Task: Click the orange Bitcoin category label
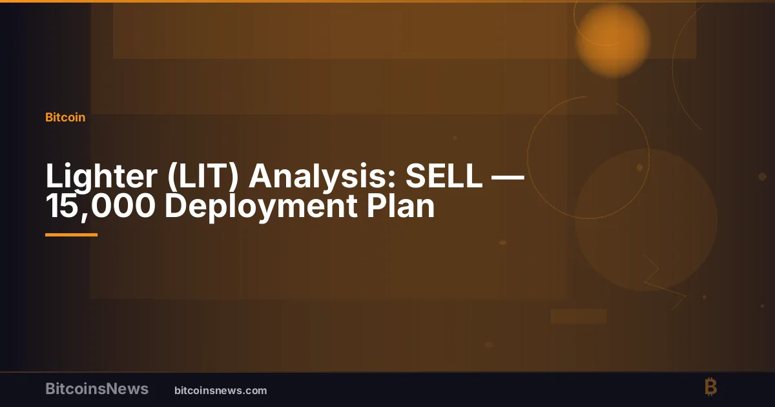[x=65, y=118]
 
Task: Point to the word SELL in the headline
[x=444, y=176]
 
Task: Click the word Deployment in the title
[x=261, y=207]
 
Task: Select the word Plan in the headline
[x=400, y=205]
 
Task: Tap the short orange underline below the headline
[x=71, y=235]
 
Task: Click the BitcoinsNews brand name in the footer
[x=97, y=389]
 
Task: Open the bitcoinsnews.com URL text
[x=221, y=391]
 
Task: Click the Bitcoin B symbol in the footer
[x=711, y=387]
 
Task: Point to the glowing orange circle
[x=613, y=41]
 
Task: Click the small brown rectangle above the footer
[x=579, y=317]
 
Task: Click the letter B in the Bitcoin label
[x=50, y=118]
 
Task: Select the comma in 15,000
[x=83, y=217]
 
